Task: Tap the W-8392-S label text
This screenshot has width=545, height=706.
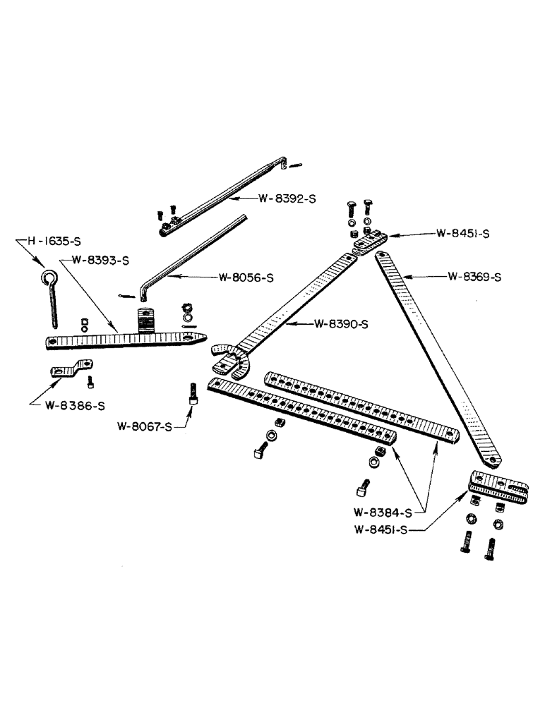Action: (287, 199)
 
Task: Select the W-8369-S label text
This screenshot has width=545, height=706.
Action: (474, 277)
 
